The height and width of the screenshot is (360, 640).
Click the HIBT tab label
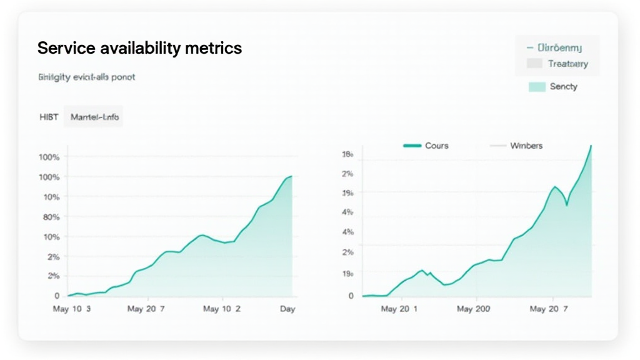click(x=48, y=116)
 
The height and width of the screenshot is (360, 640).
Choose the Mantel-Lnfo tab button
click(x=93, y=116)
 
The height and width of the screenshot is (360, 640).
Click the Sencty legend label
click(x=563, y=87)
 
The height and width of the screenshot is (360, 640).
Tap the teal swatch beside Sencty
click(x=536, y=87)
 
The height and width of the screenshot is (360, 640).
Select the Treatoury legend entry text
click(x=567, y=64)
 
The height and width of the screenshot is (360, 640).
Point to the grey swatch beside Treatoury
click(x=534, y=64)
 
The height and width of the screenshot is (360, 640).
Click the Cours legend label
click(x=436, y=146)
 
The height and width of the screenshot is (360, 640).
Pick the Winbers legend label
click(x=526, y=146)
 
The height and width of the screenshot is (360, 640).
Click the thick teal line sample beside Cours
click(x=412, y=146)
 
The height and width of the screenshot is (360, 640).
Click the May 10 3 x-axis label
click(x=72, y=309)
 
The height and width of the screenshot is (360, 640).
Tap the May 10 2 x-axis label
click(x=222, y=309)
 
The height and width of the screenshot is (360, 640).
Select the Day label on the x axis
click(x=287, y=309)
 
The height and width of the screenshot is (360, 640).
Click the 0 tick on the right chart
click(x=351, y=296)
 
